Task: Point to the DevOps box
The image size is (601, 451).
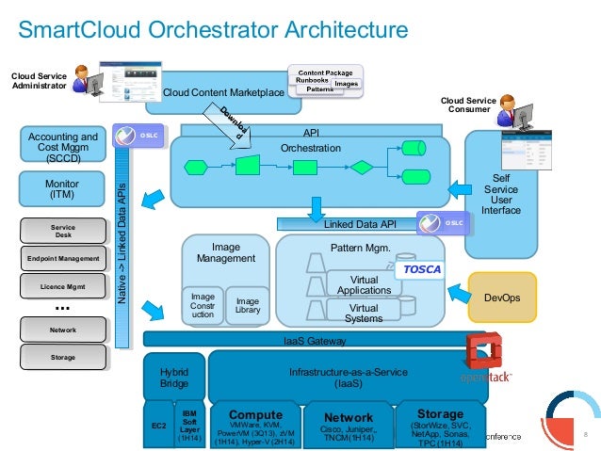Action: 501,297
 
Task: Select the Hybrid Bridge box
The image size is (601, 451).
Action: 173,377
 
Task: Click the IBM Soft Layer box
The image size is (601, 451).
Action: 189,424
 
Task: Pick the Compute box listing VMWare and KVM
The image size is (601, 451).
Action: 256,426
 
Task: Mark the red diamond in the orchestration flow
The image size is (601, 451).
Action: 362,168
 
